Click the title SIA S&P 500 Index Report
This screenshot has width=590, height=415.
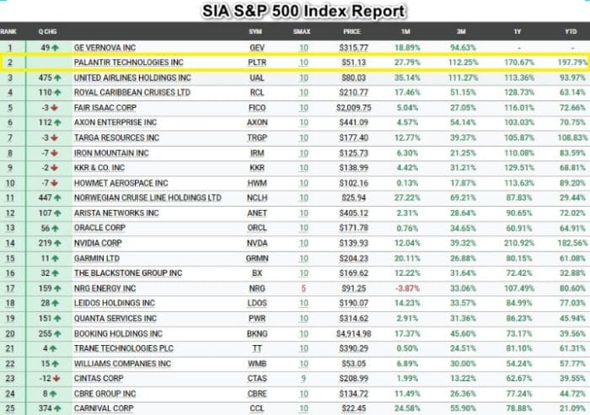[x=303, y=11]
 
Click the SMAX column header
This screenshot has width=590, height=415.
[x=302, y=31]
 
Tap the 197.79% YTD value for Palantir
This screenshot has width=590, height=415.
[x=571, y=62]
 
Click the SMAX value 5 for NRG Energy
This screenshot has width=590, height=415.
[x=303, y=287]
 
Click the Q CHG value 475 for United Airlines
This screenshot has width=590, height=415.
[x=46, y=78]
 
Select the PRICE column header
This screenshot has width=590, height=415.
[x=351, y=31]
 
